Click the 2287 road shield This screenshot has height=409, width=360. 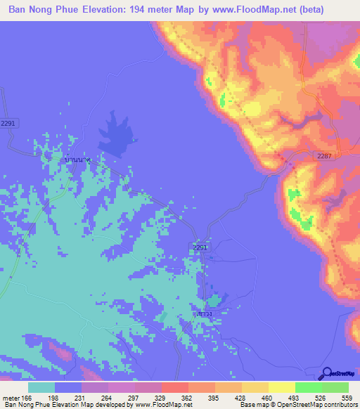pyautogui.click(x=325, y=155)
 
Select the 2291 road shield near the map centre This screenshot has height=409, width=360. pyautogui.click(x=200, y=247)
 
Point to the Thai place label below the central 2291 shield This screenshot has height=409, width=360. pyautogui.click(x=205, y=314)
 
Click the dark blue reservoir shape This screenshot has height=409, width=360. pyautogui.click(x=118, y=133)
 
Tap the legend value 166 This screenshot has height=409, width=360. pyautogui.click(x=28, y=398)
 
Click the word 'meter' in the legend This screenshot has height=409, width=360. pyautogui.click(x=11, y=398)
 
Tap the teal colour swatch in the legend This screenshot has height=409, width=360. pyautogui.click(x=41, y=387)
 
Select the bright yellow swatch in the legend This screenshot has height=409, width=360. pyautogui.click(x=281, y=387)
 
